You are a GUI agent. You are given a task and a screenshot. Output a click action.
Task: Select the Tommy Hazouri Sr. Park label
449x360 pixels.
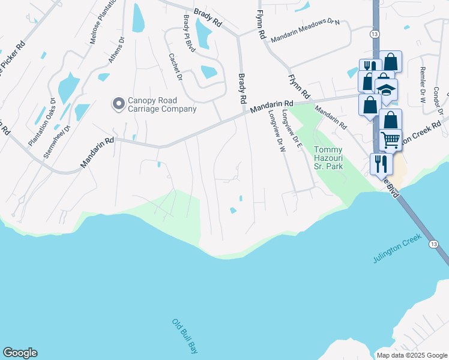(x=328, y=158)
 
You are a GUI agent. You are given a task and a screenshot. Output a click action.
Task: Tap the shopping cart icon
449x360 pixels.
(x=390, y=140)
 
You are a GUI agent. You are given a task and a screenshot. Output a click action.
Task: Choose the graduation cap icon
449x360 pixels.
(x=387, y=89)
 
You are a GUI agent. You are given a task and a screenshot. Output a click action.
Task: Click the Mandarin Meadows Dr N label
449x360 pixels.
(x=305, y=29)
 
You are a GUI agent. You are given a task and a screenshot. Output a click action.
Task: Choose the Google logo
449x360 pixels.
(x=20, y=353)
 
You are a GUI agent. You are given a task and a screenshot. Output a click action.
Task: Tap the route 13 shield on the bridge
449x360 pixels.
(x=433, y=244)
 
